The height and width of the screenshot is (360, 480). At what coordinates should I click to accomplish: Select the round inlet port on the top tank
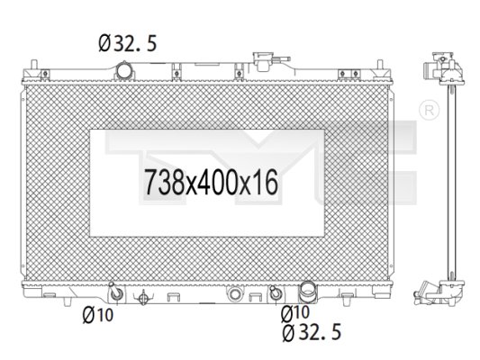pos(124,68)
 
